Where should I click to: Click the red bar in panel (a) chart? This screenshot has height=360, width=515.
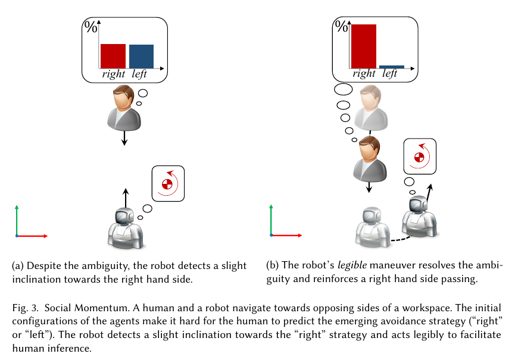point(113,56)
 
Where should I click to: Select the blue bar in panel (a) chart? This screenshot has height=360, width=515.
point(141,57)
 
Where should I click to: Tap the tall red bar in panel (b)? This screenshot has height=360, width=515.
point(364,46)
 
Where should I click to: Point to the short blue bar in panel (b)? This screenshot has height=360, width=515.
point(392,67)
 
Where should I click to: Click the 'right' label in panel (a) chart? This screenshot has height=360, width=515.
point(113,74)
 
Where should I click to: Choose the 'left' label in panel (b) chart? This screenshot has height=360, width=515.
point(389,73)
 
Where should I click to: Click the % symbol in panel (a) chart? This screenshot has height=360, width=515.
point(91,27)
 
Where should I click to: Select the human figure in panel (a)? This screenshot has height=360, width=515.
point(124,108)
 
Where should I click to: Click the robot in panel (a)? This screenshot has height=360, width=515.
point(126,228)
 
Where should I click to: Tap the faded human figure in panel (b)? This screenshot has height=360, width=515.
point(371,108)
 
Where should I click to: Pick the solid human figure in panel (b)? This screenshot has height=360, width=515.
point(370,159)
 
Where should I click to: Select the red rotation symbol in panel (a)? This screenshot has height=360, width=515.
point(168,183)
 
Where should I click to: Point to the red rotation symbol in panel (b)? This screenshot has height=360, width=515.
point(419,156)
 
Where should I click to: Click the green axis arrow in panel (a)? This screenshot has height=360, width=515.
point(17,221)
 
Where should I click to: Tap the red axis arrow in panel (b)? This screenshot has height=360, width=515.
point(286,235)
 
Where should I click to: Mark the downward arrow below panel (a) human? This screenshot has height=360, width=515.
point(124,138)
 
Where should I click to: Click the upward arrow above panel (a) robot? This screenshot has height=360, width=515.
point(126,198)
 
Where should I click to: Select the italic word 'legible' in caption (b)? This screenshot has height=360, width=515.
point(352,265)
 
